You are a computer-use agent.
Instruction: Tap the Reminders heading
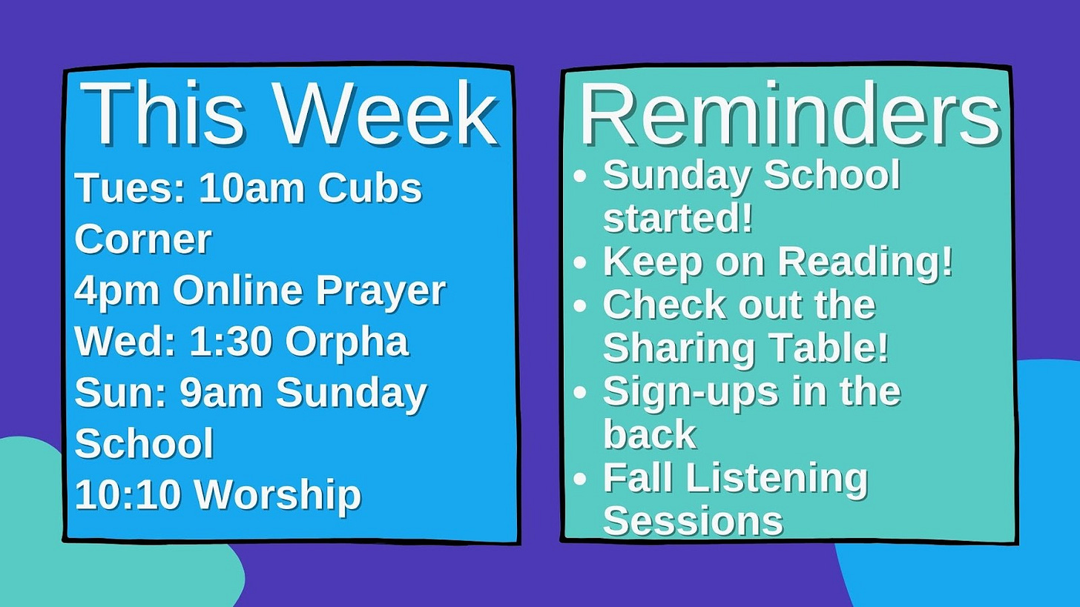click(x=790, y=113)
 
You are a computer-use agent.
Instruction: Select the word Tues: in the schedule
click(x=131, y=188)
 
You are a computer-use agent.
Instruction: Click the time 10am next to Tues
click(x=251, y=188)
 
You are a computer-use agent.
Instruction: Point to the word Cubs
click(x=370, y=188)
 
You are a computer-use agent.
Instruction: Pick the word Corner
click(x=143, y=239)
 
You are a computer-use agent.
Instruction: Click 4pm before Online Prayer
click(x=116, y=291)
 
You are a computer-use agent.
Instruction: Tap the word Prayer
click(x=381, y=291)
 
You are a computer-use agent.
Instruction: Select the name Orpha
click(x=347, y=342)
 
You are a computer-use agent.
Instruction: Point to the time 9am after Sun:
click(x=221, y=392)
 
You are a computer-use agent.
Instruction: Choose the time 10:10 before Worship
click(x=128, y=495)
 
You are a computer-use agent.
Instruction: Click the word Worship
click(x=277, y=495)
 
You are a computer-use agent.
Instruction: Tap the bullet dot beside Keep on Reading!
click(x=581, y=262)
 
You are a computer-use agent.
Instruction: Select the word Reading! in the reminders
click(x=866, y=262)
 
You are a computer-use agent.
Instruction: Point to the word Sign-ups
click(x=691, y=392)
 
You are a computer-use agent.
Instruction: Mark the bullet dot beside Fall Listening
click(x=581, y=479)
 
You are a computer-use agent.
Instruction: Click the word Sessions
click(x=694, y=520)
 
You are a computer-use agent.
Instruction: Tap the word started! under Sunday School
click(x=678, y=218)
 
